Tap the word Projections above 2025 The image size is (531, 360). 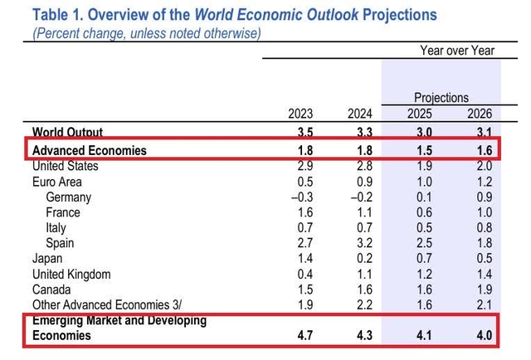tap(441, 97)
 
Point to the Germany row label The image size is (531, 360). tap(69, 197)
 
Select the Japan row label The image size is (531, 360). tap(48, 258)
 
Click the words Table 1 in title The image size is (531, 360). tap(56, 14)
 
